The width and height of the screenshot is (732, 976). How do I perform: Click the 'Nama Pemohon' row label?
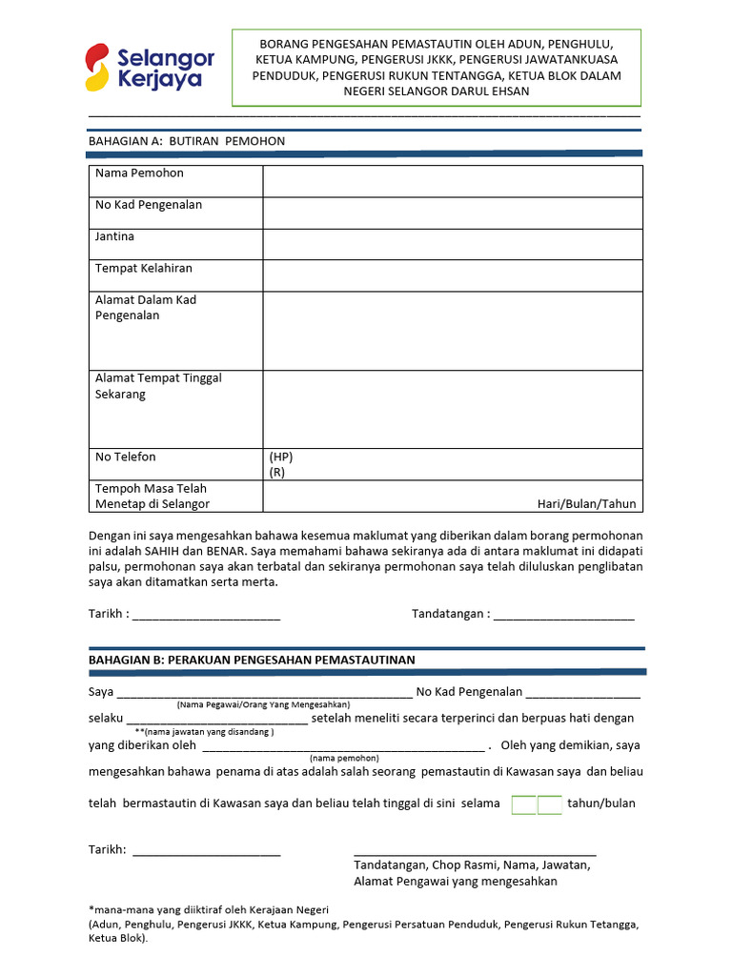pos(139,173)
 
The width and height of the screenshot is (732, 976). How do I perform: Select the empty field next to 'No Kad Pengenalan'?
pos(453,213)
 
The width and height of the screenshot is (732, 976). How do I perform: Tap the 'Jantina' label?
pos(114,236)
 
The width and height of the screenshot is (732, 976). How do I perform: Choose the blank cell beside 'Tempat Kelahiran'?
pos(453,275)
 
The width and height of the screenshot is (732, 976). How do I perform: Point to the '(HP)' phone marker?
pos(281,457)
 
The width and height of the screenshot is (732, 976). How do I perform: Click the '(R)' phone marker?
pos(276,472)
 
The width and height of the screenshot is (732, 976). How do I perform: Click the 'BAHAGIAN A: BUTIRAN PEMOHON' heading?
pos(187,141)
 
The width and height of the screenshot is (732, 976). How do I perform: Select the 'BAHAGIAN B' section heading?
pos(252,660)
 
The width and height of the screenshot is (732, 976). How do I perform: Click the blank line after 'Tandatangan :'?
pos(563,615)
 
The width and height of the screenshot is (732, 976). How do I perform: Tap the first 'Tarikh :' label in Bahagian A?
pos(109,615)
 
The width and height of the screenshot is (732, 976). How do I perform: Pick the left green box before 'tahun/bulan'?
pos(524,804)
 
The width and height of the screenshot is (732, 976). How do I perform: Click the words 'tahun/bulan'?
pos(601,803)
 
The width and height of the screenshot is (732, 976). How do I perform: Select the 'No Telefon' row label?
pos(125,457)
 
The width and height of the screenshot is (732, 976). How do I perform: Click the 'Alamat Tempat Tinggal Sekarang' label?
pos(158,386)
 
